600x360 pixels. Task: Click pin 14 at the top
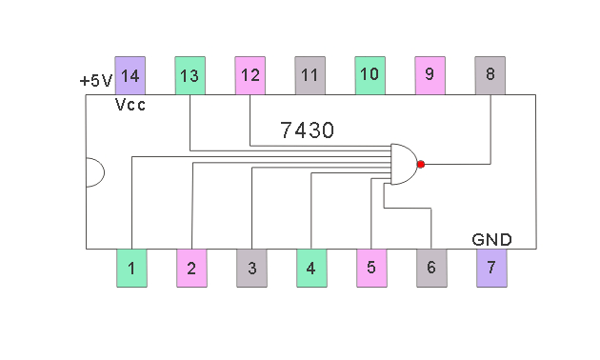(x=130, y=75)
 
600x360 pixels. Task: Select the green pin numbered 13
(x=190, y=75)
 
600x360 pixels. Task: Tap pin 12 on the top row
(x=250, y=75)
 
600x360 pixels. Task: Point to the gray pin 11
(x=310, y=75)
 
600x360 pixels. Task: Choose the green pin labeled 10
(x=370, y=75)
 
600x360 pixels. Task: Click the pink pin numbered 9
(x=430, y=75)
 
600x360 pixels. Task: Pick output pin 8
(x=490, y=75)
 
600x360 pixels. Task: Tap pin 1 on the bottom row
(x=131, y=269)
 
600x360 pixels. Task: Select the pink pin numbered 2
(x=191, y=269)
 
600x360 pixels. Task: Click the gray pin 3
(x=251, y=269)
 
